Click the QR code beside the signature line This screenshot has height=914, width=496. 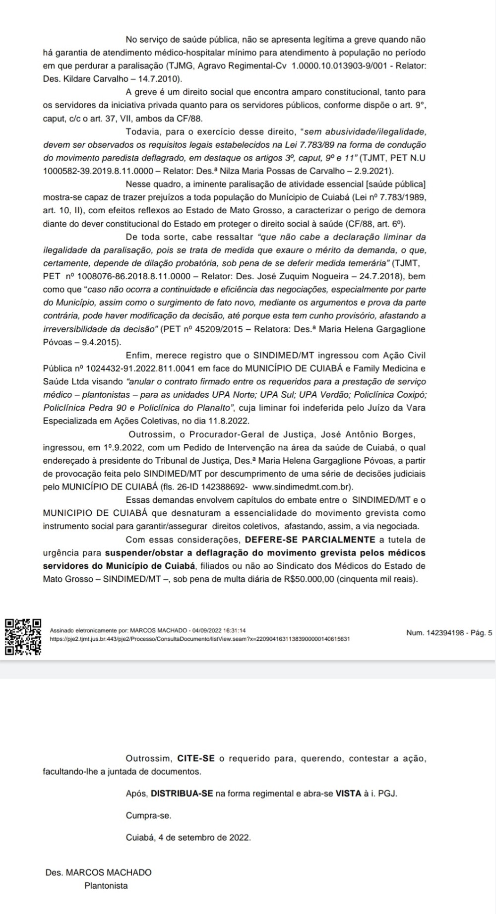click(23, 636)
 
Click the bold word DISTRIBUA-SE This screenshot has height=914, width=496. click(182, 793)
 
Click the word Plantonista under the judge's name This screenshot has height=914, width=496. click(106, 886)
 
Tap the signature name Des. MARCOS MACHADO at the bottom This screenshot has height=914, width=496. click(98, 873)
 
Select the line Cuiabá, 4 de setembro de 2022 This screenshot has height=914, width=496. click(188, 838)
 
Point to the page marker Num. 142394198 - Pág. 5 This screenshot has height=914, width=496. click(449, 633)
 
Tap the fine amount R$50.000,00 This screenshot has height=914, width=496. click(306, 579)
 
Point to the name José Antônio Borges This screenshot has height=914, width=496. click(367, 435)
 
